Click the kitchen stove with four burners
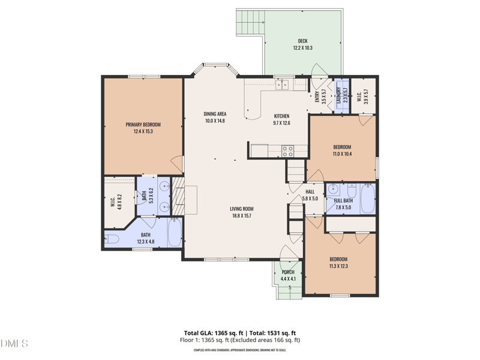point(287,151)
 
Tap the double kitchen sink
point(282,85)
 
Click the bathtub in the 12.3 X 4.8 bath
point(175,233)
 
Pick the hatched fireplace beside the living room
point(178,199)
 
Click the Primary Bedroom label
point(143,125)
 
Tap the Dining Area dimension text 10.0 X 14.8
point(214,121)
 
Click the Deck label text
point(303,41)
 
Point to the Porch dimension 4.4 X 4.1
point(288,279)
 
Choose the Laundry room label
point(338,97)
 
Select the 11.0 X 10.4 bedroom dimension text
point(342,154)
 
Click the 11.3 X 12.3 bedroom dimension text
point(338,266)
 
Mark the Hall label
point(310,191)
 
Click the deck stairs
point(249,23)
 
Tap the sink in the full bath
point(333,190)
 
